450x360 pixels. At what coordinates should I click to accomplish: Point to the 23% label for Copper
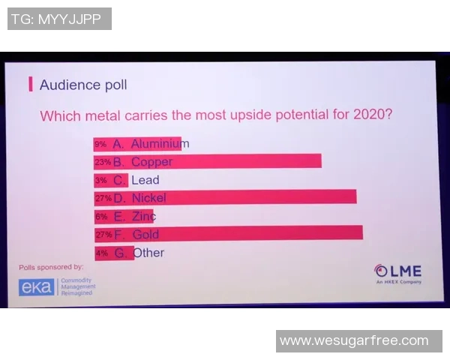click(102, 161)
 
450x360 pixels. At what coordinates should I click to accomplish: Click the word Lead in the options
click(145, 180)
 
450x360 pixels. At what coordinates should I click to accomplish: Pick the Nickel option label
click(148, 198)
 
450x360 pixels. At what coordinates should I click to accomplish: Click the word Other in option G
click(149, 253)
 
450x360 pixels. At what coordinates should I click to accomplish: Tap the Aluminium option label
click(160, 143)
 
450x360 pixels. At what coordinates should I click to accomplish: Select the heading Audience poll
click(83, 84)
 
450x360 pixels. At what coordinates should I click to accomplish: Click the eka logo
click(37, 286)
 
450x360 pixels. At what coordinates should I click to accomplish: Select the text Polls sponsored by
click(51, 266)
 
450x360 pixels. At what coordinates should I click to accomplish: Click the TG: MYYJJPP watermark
click(59, 19)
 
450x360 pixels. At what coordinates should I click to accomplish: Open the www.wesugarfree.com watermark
click(358, 340)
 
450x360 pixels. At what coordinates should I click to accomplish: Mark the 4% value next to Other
click(101, 253)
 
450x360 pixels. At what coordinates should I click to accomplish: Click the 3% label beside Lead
click(101, 180)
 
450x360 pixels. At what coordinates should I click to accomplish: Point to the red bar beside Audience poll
click(31, 84)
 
